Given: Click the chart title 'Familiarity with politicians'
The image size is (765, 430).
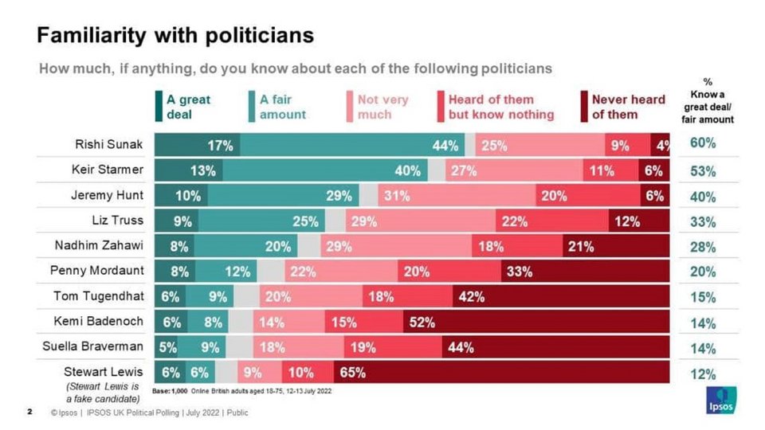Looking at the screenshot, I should (x=176, y=36).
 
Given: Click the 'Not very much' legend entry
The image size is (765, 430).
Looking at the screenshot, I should (x=382, y=107).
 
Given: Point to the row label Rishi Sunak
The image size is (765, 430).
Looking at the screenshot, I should (x=109, y=145).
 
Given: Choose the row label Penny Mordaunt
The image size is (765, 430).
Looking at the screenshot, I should (x=96, y=271).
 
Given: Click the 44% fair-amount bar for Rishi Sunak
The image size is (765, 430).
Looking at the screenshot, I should (x=351, y=145).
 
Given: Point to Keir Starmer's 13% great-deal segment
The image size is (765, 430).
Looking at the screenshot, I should (x=188, y=170).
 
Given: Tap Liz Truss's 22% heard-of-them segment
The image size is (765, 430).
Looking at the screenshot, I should (x=551, y=221).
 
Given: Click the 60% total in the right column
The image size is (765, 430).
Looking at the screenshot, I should (x=702, y=144).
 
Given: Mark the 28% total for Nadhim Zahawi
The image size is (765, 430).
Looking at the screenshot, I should (x=702, y=247).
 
